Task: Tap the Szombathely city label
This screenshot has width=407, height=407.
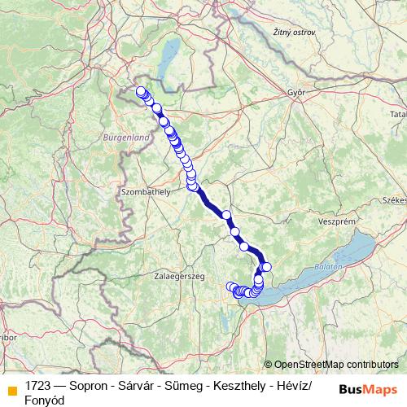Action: (146, 191)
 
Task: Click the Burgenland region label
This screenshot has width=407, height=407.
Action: (127, 138)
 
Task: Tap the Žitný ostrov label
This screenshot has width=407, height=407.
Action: (293, 32)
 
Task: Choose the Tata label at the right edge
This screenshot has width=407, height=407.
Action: (398, 115)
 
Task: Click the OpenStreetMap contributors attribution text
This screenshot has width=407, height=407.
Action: (336, 365)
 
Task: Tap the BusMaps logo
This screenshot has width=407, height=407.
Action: (369, 389)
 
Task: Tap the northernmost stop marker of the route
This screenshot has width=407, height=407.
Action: (141, 91)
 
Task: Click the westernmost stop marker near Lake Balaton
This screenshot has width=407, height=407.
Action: (230, 286)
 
